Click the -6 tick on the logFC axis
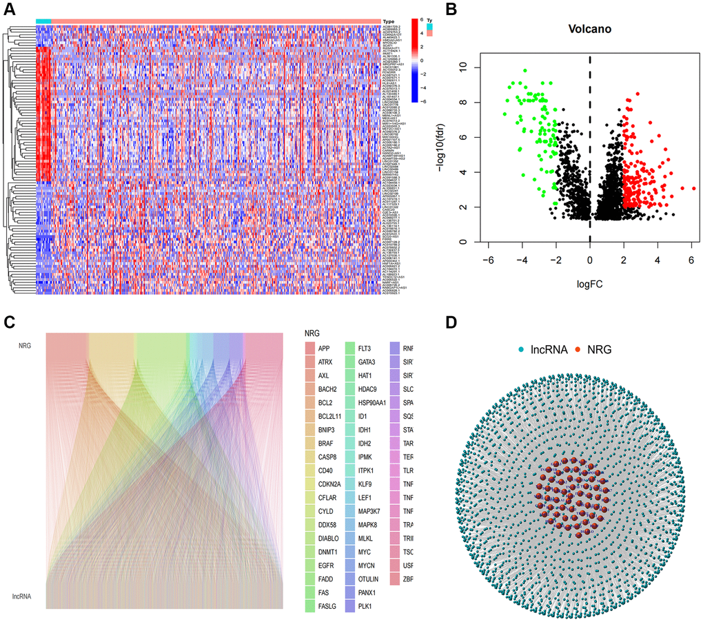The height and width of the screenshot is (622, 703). click(489, 262)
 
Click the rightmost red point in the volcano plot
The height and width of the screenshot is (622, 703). click(693, 188)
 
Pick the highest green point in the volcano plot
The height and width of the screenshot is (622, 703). click(524, 70)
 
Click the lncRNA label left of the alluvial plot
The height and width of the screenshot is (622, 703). click(21, 595)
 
